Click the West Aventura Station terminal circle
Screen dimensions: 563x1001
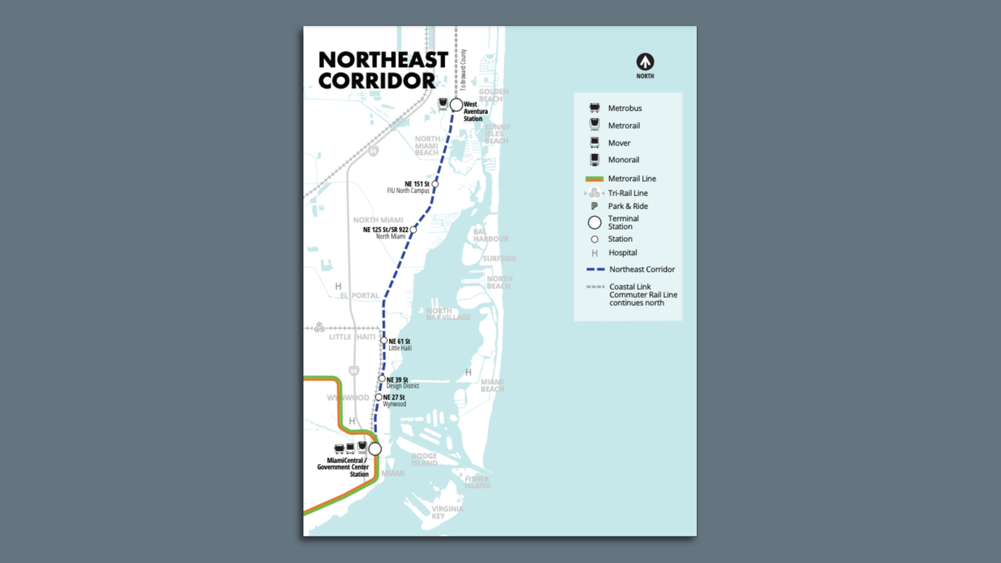(x=456, y=105)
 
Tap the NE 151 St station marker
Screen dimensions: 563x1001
(x=435, y=184)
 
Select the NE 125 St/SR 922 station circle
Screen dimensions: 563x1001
(x=413, y=229)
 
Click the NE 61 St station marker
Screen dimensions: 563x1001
(x=384, y=340)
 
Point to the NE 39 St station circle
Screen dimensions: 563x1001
(x=382, y=379)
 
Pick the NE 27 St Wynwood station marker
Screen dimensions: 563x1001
(x=379, y=397)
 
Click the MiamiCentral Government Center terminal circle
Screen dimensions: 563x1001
(x=375, y=449)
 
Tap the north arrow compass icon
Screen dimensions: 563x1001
(x=645, y=62)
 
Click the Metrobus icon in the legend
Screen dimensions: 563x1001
(x=594, y=108)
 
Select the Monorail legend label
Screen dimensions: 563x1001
(x=623, y=160)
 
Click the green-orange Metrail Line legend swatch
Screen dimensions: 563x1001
(x=594, y=179)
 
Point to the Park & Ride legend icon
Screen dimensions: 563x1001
(x=594, y=206)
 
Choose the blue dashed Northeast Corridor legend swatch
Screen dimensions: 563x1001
(x=595, y=270)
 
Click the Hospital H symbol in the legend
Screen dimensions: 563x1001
(x=594, y=253)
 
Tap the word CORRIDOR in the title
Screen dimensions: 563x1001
(x=376, y=81)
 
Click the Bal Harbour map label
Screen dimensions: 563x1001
(x=491, y=235)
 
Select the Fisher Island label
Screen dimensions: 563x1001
(x=477, y=482)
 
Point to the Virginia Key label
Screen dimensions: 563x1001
(x=447, y=512)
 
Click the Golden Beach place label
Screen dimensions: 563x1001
(x=493, y=95)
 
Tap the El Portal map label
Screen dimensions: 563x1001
(x=360, y=296)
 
